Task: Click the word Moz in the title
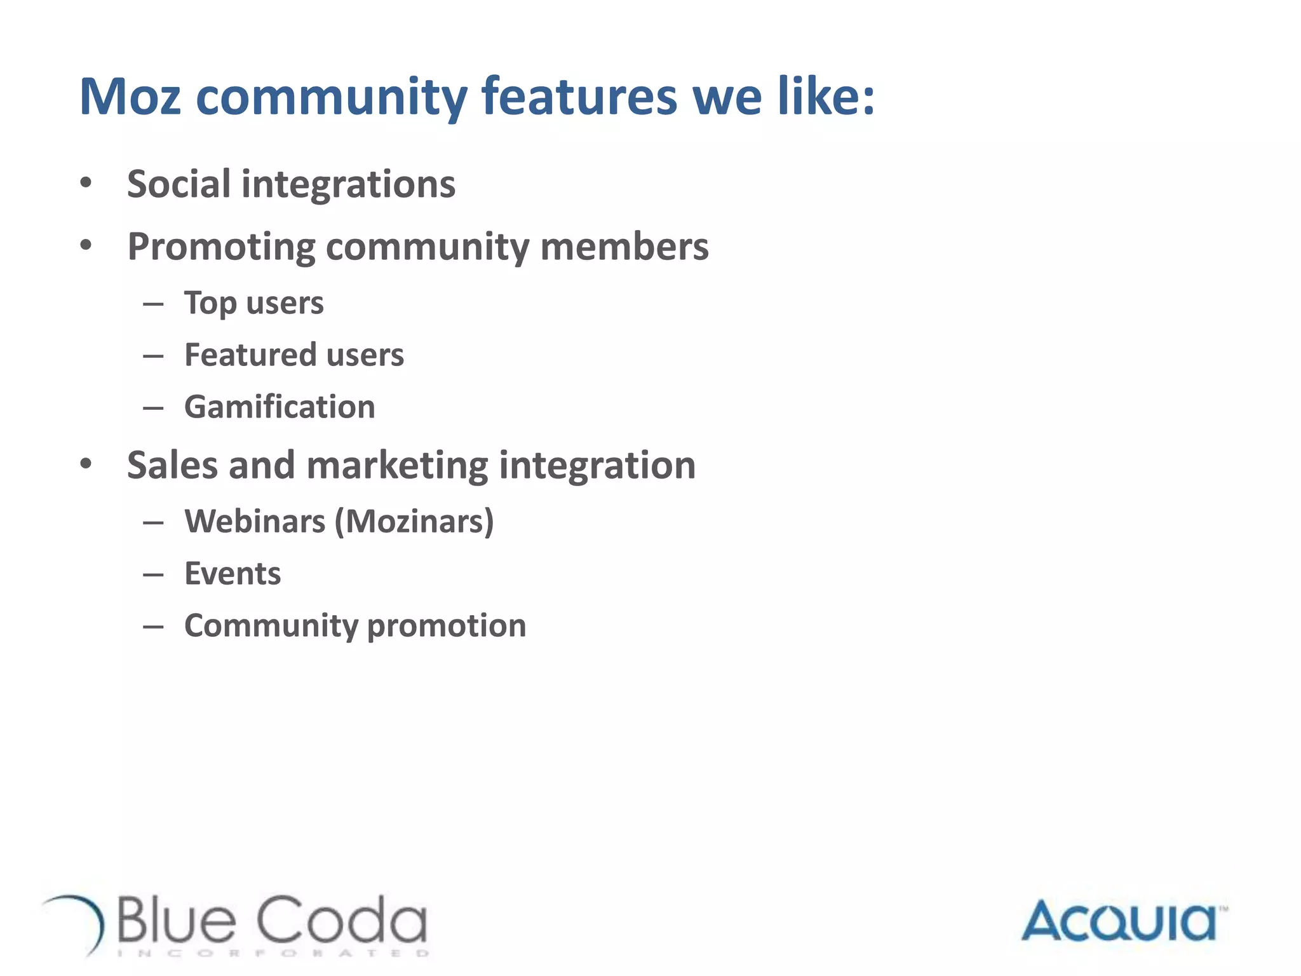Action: click(x=130, y=97)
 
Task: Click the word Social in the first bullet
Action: click(x=179, y=184)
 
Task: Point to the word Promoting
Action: click(x=221, y=247)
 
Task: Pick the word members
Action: click(x=624, y=247)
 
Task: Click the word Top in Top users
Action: click(x=210, y=303)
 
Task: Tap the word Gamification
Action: click(x=280, y=407)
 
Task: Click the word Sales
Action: click(x=173, y=465)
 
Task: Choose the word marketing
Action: click(x=398, y=465)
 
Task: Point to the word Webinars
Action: click(x=255, y=522)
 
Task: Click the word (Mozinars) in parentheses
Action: click(x=414, y=522)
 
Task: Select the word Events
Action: click(x=233, y=574)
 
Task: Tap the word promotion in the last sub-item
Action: click(x=447, y=626)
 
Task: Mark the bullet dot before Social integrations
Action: click(x=86, y=184)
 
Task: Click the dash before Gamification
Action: click(x=153, y=407)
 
